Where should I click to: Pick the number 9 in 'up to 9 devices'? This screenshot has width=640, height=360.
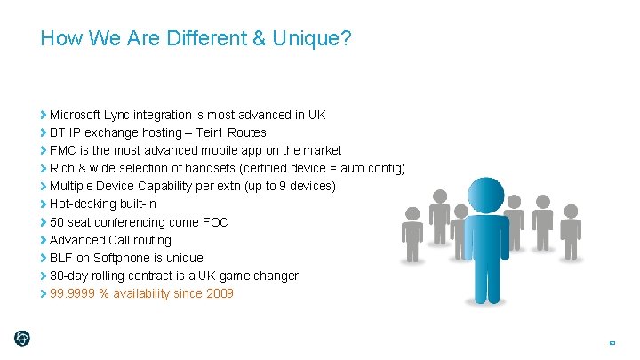pos(284,186)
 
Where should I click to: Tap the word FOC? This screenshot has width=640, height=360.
pos(214,222)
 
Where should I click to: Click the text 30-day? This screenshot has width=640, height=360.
pos(68,276)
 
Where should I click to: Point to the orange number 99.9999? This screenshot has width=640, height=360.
pos(73,293)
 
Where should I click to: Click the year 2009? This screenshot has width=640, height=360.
pos(218,293)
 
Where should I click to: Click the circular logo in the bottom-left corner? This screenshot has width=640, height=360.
pos(22,338)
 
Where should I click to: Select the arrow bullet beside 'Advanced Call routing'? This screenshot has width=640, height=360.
pos(44,240)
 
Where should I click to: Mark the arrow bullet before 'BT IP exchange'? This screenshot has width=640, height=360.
pos(44,132)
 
